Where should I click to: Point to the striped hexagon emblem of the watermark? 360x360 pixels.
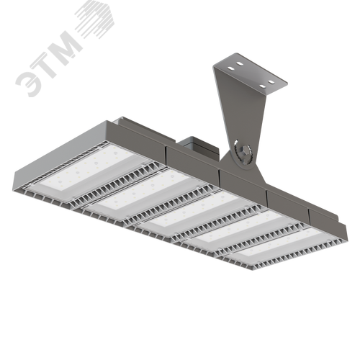(x=95, y=19)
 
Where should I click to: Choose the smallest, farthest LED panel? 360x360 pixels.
(x=279, y=243)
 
